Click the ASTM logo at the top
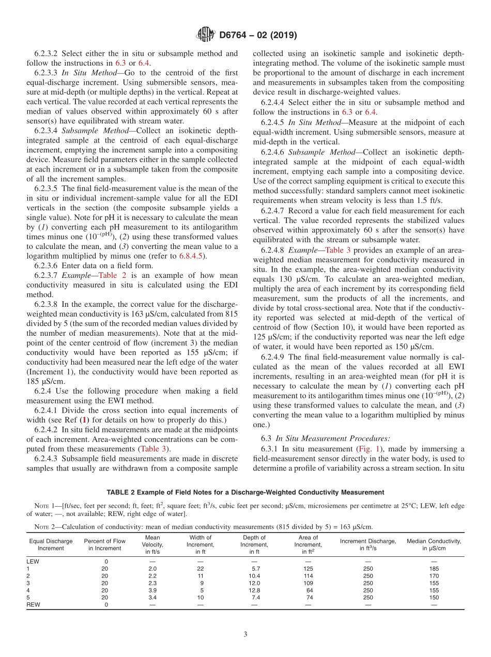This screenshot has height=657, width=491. point(205,35)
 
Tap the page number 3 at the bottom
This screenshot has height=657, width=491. point(245,634)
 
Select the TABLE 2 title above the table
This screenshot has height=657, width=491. point(245,492)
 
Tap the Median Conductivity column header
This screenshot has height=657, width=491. point(434,544)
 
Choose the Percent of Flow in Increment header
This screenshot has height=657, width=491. point(104,544)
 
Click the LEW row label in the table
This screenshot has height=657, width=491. point(33,561)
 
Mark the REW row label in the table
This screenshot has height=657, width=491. point(33,604)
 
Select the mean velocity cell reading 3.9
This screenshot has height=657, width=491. point(152,590)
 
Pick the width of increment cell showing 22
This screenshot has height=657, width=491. point(201,568)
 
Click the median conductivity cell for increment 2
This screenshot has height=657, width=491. point(434,575)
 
